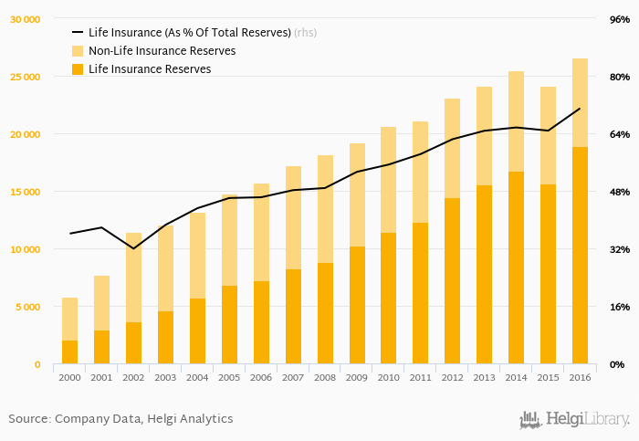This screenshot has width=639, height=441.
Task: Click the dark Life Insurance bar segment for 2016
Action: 580,256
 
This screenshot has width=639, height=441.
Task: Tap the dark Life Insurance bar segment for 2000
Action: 69,352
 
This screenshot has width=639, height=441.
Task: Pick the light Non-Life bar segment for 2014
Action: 516,121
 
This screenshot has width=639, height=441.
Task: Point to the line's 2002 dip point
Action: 133,248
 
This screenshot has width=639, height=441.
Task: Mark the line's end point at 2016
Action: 580,109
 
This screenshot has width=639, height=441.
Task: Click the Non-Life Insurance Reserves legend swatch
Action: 78,51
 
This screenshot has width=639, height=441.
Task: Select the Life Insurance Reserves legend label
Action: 150,69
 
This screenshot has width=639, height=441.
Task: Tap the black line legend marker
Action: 78,33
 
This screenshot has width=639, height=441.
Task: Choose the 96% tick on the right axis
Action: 619,19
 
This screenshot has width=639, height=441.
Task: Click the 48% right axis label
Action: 619,192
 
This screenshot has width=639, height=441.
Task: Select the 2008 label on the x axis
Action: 325,377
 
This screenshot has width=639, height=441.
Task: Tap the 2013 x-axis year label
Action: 484,377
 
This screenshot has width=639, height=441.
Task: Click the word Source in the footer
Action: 28,419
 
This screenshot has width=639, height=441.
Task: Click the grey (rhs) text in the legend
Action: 305,33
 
